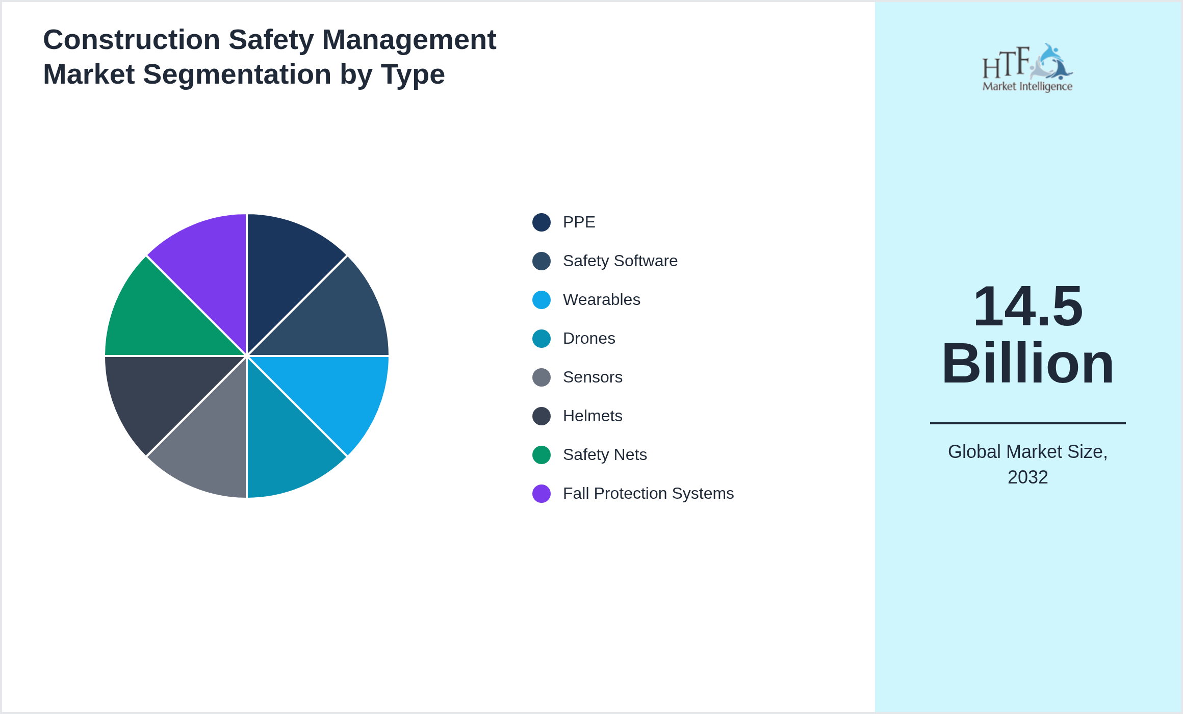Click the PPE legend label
tap(579, 222)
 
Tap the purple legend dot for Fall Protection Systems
tap(541, 494)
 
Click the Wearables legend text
tap(601, 300)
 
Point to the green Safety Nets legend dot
tap(541, 455)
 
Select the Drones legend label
tap(589, 339)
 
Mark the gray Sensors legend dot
tap(541, 377)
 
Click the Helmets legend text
tap(592, 416)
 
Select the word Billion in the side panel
tap(1027, 364)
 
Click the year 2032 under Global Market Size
tap(1027, 477)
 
